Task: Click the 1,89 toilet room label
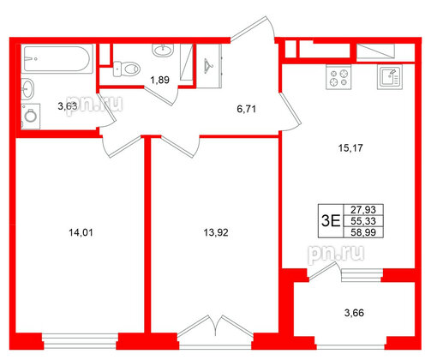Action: (159, 81)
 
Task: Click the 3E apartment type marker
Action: (329, 219)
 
